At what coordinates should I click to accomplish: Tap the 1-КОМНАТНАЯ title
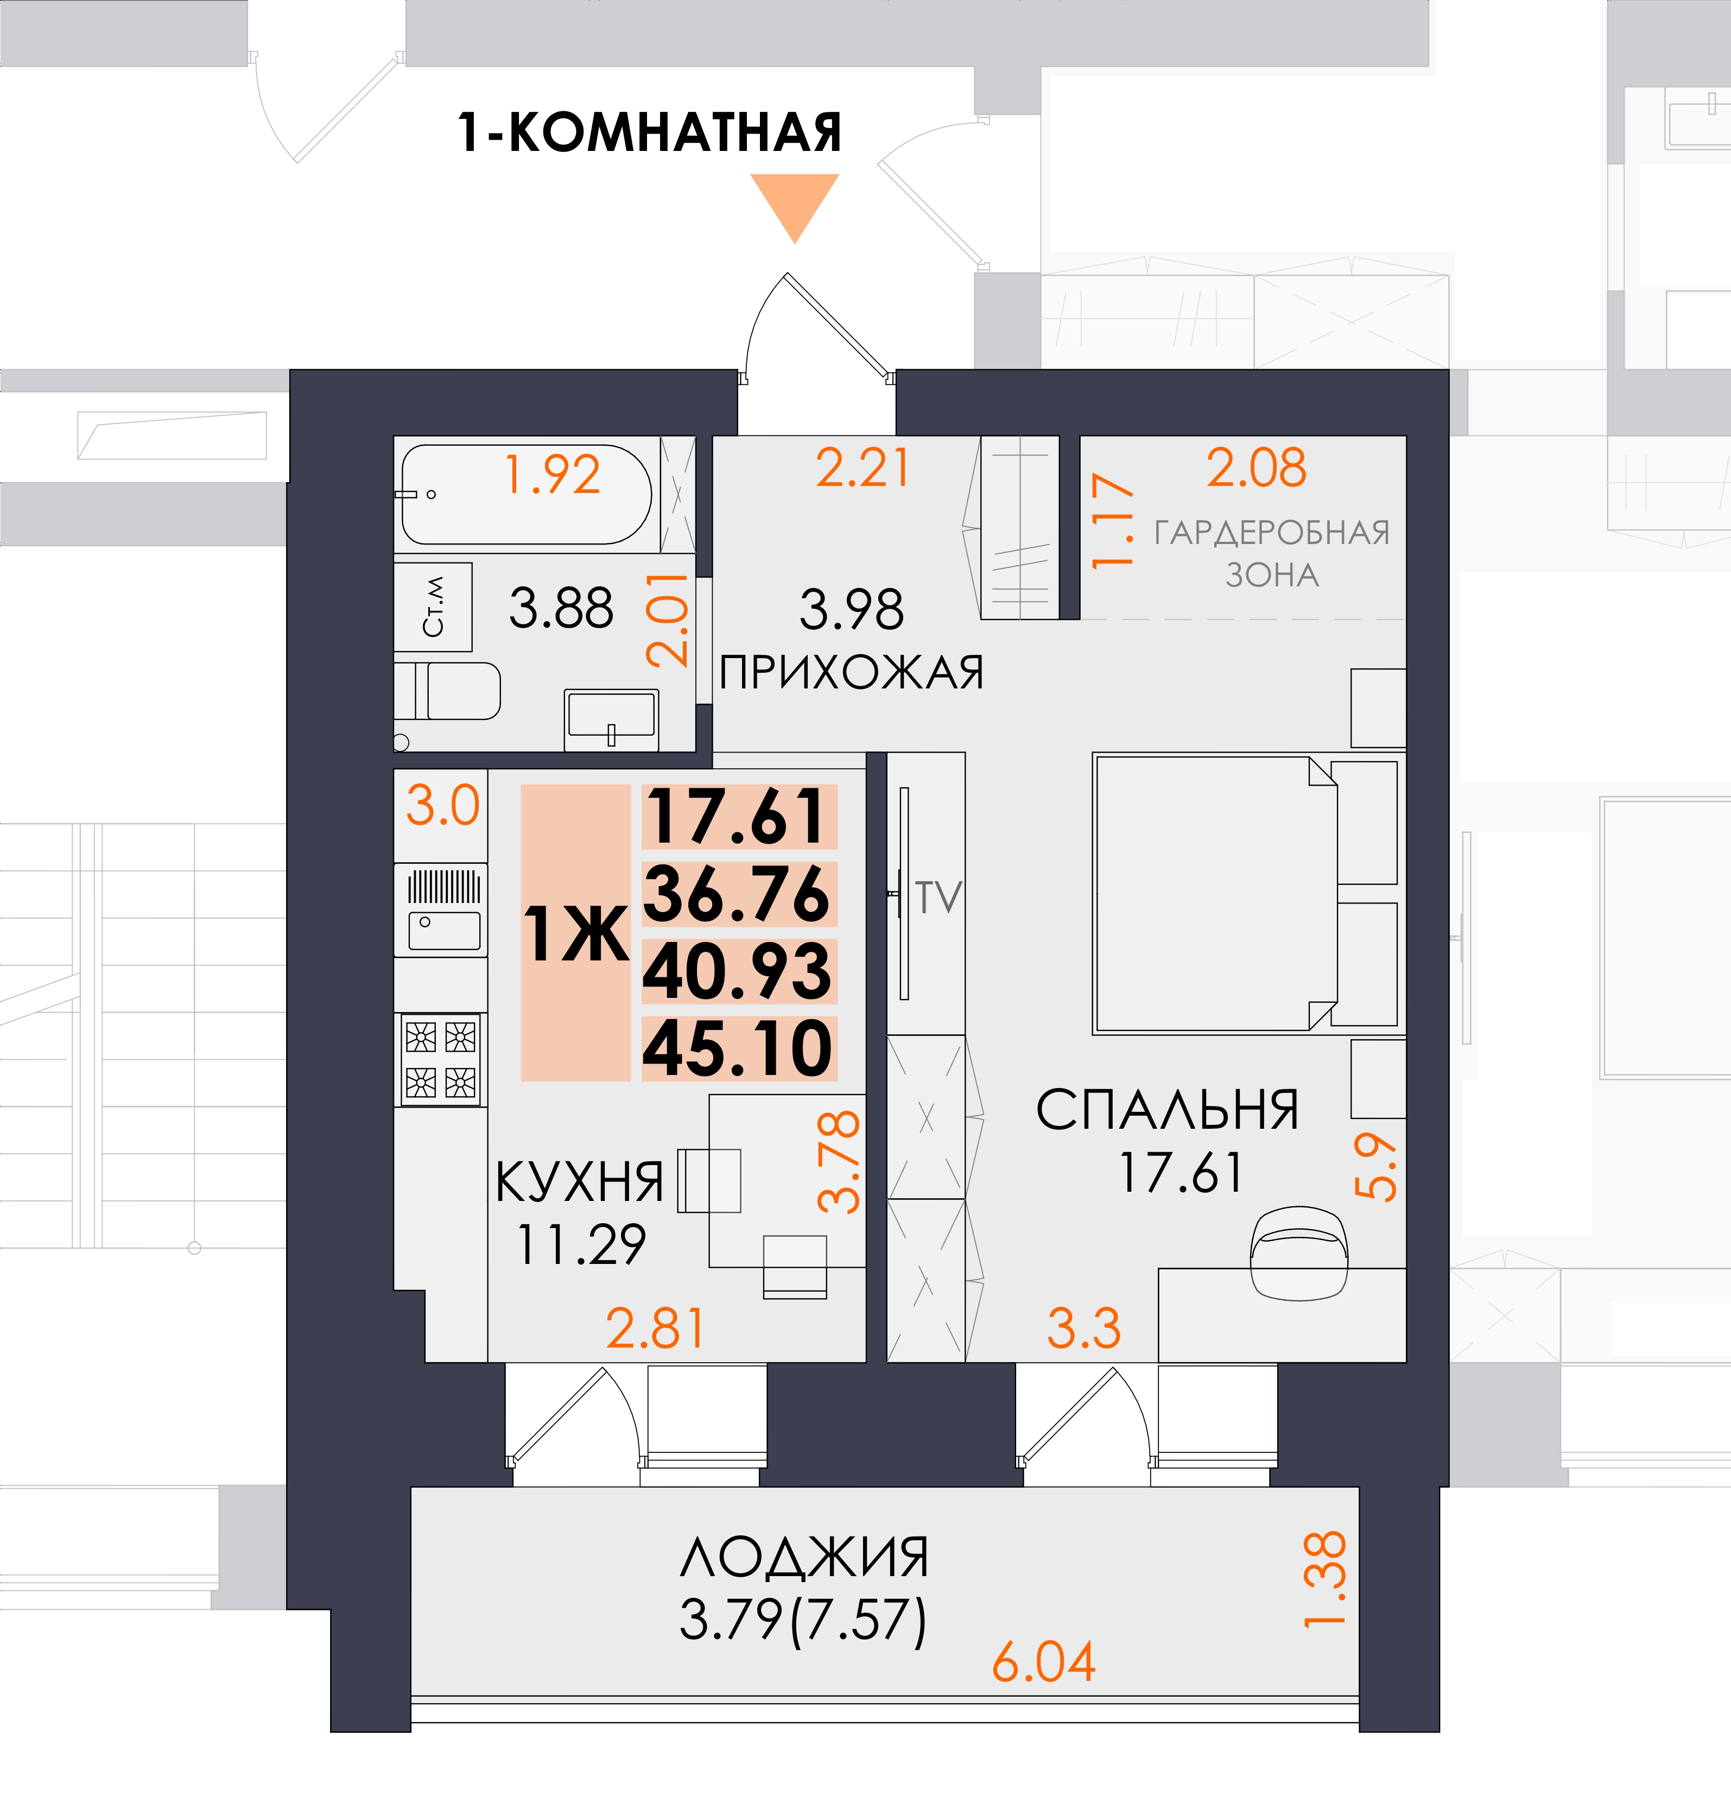pos(649,133)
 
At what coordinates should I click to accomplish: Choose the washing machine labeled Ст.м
pos(434,606)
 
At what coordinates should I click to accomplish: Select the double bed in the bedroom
pos(1215,894)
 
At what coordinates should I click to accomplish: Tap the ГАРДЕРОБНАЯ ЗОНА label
pos(1272,553)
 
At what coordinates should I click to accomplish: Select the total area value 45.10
pos(738,1048)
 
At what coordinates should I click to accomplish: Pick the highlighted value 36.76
pos(738,894)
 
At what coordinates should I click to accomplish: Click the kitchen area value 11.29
pos(581,1244)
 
